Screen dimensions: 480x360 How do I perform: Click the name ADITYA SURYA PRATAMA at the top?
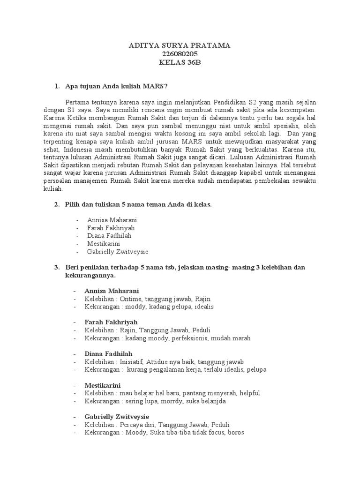180,46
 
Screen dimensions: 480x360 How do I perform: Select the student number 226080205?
180,54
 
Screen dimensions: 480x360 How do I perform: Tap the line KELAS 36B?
180,63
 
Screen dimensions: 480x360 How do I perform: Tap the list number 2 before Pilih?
57,205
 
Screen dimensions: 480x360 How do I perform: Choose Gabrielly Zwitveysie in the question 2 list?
118,252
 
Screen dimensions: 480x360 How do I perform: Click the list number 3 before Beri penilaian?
57,267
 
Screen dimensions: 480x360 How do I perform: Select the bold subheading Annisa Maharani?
112,291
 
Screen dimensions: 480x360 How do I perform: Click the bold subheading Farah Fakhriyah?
111,322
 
